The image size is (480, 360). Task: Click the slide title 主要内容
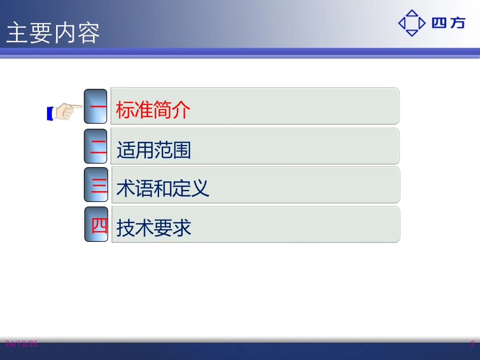[53, 33]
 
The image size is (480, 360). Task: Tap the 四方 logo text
[448, 23]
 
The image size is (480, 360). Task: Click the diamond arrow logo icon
[412, 23]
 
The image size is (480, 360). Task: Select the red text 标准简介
[153, 110]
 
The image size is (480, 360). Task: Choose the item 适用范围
[154, 150]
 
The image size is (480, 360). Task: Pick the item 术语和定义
[163, 188]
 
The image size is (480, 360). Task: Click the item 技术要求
[154, 228]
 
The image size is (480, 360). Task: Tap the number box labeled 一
[95, 107]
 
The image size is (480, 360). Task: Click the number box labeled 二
[96, 146]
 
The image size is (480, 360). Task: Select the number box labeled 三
[97, 185]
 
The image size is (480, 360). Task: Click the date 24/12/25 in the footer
[22, 344]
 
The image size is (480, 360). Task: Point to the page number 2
[472, 344]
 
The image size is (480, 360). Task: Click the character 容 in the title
[88, 33]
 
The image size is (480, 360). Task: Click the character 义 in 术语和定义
[201, 188]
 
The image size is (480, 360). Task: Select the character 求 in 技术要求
[182, 228]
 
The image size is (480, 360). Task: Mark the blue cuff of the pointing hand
[50, 113]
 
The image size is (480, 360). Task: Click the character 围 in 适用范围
[182, 150]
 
